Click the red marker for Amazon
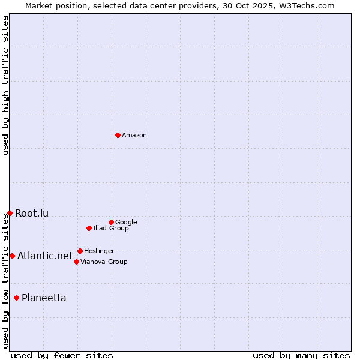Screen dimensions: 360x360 point(118,135)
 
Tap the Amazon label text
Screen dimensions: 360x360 point(134,136)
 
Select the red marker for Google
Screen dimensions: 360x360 point(111,222)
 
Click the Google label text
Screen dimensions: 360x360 point(126,223)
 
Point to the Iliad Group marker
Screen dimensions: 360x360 point(89,228)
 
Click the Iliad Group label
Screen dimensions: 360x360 point(111,229)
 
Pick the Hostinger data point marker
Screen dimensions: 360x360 point(80,251)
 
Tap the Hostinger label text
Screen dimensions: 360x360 point(99,251)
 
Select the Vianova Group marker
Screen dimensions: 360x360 point(76,262)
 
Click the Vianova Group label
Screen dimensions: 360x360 point(104,262)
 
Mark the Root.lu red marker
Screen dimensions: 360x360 point(10,213)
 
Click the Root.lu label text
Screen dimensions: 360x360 point(32,214)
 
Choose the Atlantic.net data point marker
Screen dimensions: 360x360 point(12,256)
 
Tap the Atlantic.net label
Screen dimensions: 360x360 point(45,256)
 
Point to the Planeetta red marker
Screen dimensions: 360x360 point(16,298)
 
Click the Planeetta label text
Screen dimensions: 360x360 point(44,298)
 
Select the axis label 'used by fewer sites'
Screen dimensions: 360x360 point(62,355)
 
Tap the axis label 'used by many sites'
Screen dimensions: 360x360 point(301,355)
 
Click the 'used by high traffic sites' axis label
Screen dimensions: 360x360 point(5,85)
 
